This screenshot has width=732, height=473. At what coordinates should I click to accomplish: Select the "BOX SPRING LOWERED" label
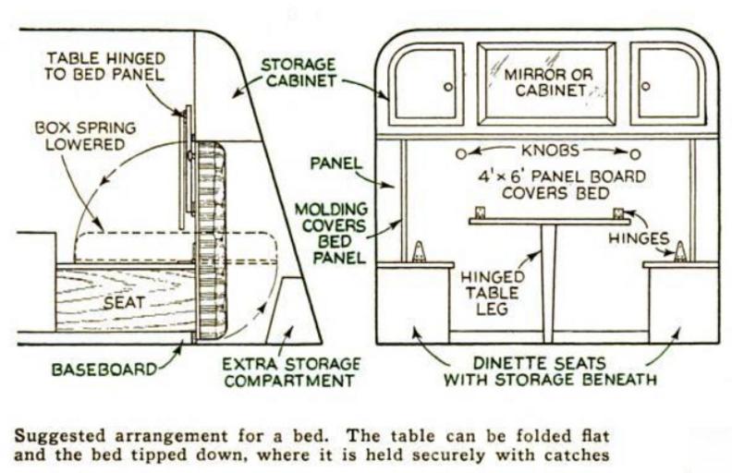[80, 135]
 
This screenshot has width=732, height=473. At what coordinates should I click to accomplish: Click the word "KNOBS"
[549, 151]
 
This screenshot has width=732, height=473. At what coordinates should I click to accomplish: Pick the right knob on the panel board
[636, 152]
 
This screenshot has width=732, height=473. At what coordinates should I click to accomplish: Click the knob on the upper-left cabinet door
[449, 86]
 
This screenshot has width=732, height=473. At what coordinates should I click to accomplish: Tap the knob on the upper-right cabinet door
[645, 86]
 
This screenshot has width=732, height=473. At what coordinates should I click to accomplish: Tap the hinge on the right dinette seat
[680, 252]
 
